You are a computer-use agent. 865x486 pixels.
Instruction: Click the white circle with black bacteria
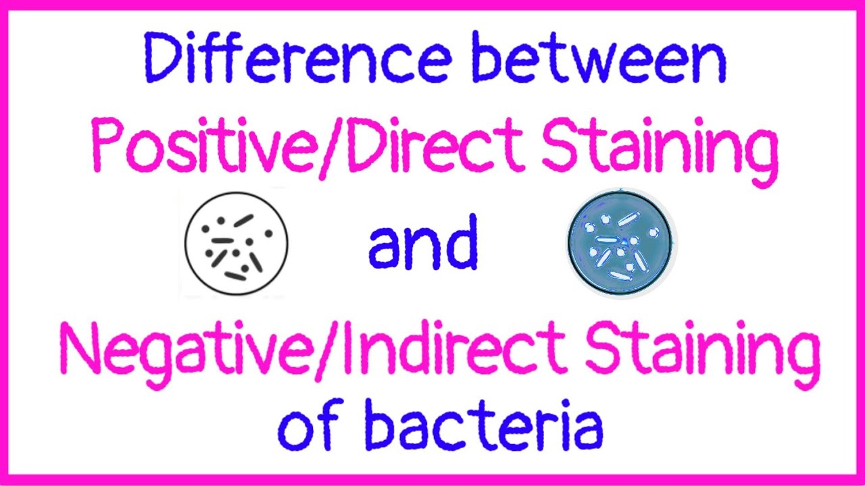pos(236,243)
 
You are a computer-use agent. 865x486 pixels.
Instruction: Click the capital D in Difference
pos(161,61)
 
